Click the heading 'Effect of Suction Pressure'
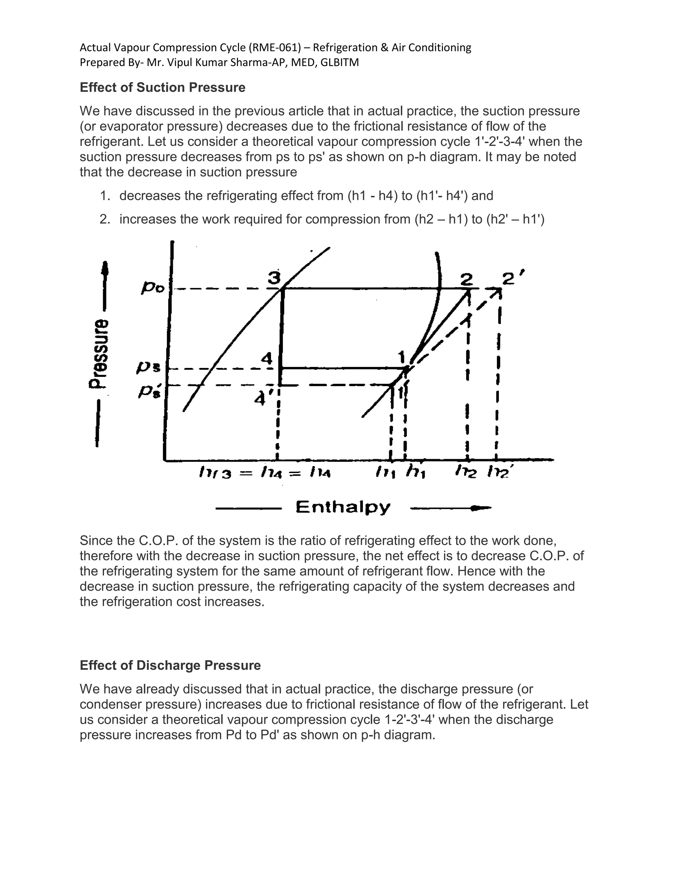tap(162, 88)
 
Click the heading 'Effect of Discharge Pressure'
tap(170, 665)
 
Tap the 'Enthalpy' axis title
tap(342, 507)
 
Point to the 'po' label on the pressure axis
tap(153, 288)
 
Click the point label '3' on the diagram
tap(274, 278)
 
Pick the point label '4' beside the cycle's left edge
tap(267, 358)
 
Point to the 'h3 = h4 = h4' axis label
tap(265, 474)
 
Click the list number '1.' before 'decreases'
tap(105, 196)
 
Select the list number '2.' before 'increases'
tap(105, 219)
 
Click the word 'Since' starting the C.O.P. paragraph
tap(96, 541)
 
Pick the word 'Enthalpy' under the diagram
tap(342, 507)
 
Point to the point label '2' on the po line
tap(466, 279)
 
